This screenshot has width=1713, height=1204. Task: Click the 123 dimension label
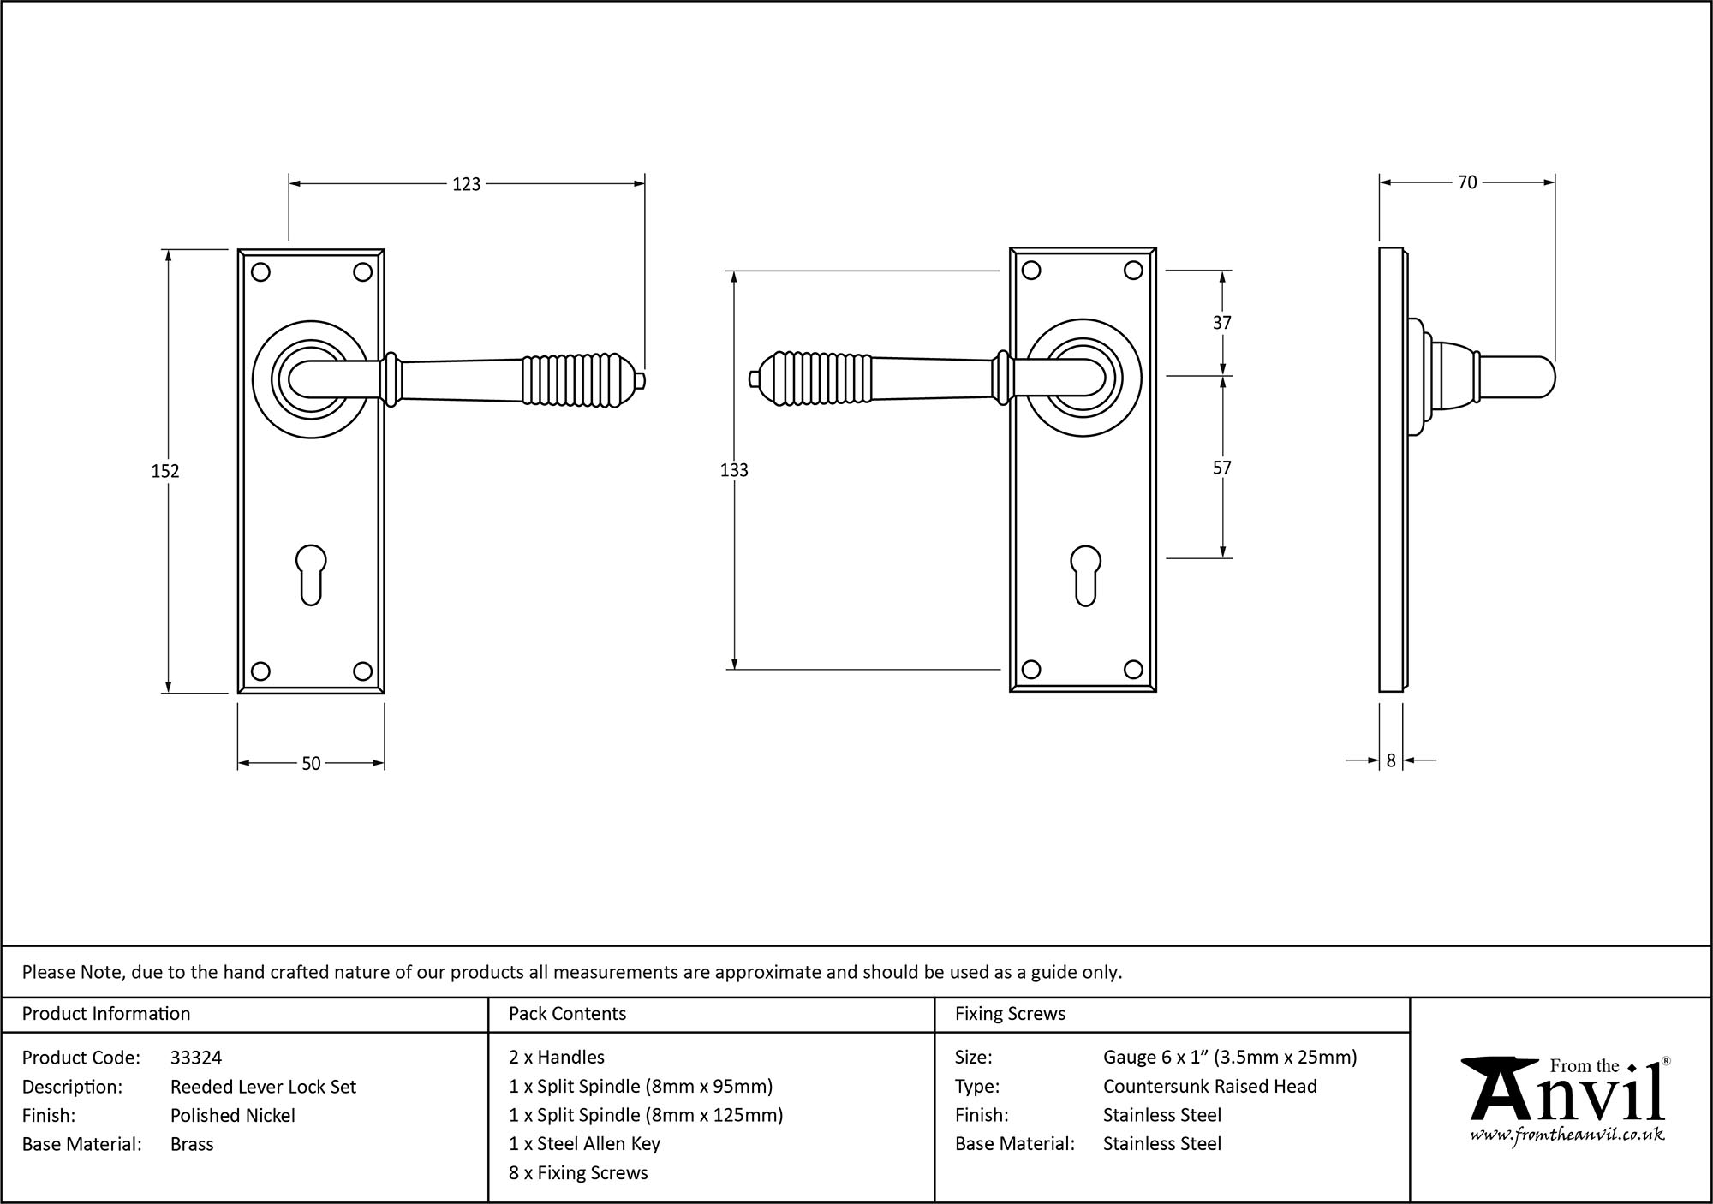466,184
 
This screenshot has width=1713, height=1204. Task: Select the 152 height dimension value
165,471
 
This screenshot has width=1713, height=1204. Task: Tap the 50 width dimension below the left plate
311,763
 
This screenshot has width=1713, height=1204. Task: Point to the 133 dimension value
734,470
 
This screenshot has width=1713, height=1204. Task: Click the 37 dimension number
1222,323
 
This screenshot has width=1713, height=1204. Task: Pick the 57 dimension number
1222,468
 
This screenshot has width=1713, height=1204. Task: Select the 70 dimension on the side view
1466,182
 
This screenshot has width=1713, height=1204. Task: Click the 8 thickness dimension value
1391,760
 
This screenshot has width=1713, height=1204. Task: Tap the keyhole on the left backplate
311,575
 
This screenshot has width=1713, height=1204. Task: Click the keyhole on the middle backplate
1085,575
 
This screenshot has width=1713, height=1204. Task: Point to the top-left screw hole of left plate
261,272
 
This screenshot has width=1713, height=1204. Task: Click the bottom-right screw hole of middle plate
1133,670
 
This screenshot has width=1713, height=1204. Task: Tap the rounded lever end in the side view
1533,378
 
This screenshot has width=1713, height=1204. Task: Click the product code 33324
196,1058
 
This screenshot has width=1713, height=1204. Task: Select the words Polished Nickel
232,1115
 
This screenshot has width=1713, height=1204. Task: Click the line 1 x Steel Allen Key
584,1143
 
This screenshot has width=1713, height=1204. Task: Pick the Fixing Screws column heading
1010,1014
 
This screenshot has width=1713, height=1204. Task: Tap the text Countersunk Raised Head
1209,1086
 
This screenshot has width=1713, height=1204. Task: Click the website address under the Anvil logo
1567,1135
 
